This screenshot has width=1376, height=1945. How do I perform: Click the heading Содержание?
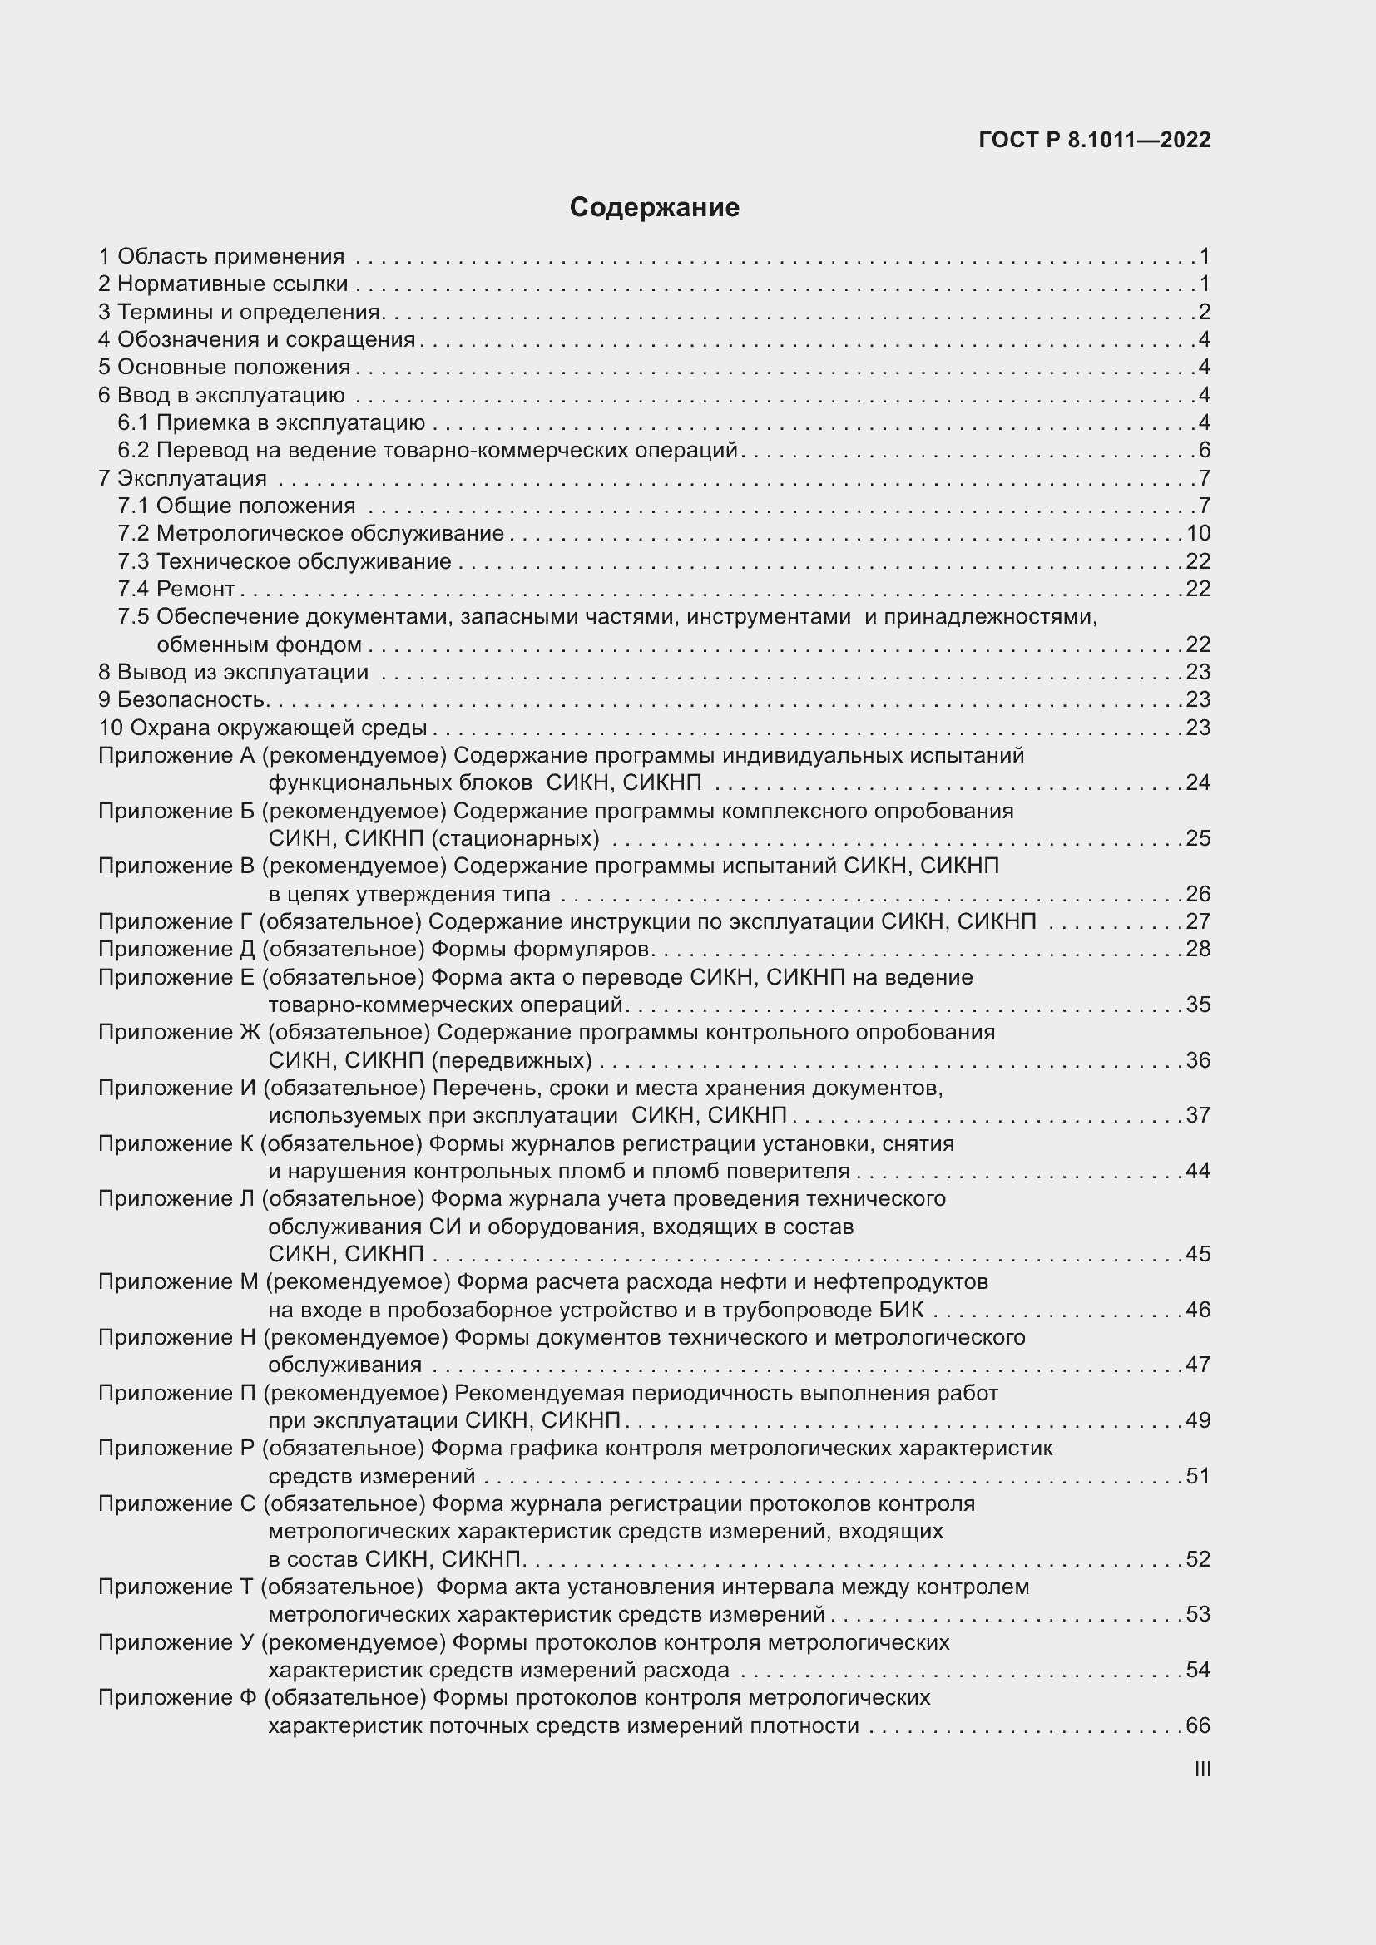(654, 208)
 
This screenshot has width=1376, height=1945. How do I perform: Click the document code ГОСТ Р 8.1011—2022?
(1095, 140)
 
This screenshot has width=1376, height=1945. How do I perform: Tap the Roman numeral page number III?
(1201, 1770)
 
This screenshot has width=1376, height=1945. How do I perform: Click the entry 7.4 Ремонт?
(176, 589)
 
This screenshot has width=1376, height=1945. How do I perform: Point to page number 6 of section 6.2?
(1204, 450)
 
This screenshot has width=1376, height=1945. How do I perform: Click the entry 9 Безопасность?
(184, 699)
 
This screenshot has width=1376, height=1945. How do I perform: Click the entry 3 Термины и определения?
(240, 312)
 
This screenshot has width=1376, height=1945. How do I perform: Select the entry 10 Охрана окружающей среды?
(263, 728)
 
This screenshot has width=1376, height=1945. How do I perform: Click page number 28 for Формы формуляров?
(1198, 949)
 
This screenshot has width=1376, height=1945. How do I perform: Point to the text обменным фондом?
(260, 644)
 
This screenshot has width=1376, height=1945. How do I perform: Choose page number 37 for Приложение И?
(1198, 1116)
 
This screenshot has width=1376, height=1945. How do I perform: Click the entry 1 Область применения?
(222, 257)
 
